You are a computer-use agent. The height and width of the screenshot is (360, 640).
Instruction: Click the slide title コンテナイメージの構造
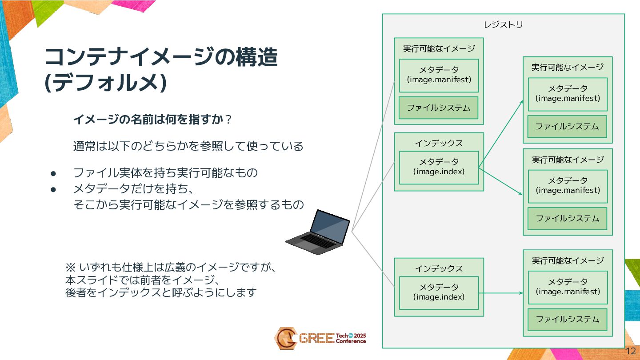161,57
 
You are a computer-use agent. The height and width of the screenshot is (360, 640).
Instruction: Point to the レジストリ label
503,24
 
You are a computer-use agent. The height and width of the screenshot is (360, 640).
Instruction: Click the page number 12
630,351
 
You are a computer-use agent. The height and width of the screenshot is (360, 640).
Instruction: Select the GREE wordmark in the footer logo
316,339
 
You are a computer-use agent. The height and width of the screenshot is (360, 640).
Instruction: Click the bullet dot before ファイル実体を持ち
52,173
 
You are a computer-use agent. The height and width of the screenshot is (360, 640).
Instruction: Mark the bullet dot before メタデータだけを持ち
52,189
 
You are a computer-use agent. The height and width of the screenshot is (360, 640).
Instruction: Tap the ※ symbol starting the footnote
71,268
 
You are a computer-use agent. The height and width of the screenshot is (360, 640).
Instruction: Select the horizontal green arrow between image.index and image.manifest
500,293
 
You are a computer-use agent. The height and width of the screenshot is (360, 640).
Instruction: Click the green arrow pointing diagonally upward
501,134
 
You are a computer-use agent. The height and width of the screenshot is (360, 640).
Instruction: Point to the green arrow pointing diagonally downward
501,181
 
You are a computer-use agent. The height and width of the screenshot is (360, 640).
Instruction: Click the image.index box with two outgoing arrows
439,167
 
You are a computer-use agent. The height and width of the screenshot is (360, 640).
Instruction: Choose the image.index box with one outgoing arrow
439,292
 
